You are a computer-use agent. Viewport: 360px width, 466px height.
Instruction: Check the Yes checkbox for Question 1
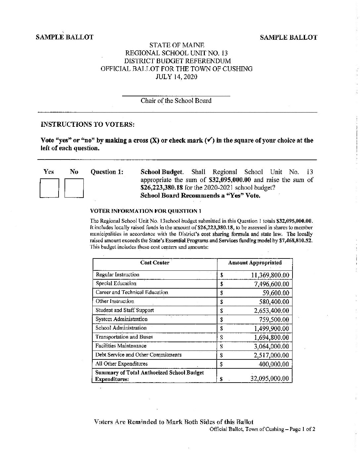[x=49, y=188]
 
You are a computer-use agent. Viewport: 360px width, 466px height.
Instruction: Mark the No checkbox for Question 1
[x=74, y=188]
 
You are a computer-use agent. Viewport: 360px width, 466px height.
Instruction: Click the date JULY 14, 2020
[x=176, y=77]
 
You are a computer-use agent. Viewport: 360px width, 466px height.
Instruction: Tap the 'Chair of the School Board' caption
[x=176, y=101]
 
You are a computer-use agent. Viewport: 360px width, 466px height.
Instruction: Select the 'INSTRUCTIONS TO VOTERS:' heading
[x=88, y=124]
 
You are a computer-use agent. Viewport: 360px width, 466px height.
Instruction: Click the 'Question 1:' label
[x=107, y=172]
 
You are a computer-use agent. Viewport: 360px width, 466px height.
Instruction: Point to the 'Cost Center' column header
[x=155, y=263]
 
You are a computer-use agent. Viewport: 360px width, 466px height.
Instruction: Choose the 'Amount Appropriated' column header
[x=255, y=263]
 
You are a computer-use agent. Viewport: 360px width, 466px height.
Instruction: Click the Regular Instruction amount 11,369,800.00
[x=270, y=275]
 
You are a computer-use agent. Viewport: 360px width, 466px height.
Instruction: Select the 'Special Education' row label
[x=116, y=283]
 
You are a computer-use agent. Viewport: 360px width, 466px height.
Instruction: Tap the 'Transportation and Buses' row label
[x=124, y=337]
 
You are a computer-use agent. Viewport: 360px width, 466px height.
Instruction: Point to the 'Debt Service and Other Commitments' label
[x=138, y=355]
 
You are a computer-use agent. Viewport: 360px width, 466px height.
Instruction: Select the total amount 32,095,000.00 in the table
[x=270, y=379]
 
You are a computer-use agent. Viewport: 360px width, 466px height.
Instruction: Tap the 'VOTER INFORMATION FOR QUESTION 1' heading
[x=146, y=211]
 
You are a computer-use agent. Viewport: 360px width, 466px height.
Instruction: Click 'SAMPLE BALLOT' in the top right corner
[x=289, y=37]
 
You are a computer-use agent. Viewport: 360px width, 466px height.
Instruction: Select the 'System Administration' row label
[x=121, y=319]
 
